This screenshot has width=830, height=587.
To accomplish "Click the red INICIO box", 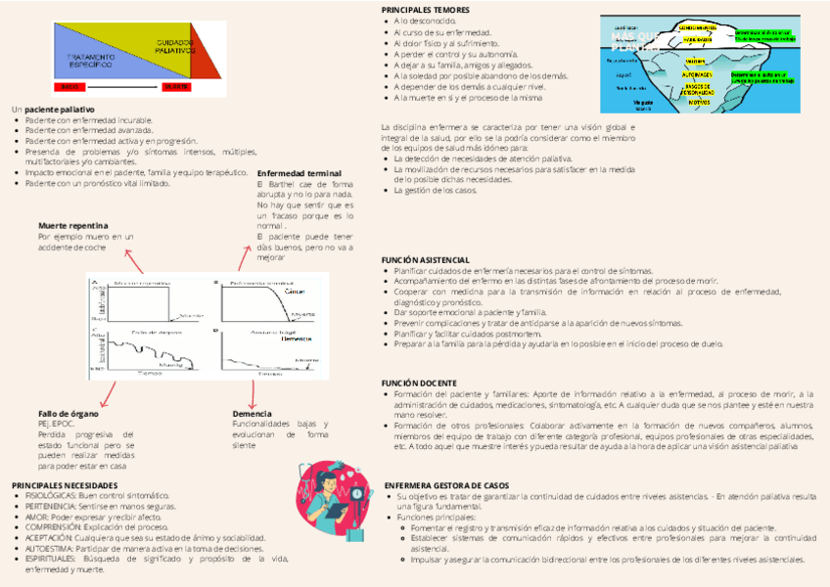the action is click(71, 87).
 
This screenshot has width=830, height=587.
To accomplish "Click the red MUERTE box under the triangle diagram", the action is click(176, 87).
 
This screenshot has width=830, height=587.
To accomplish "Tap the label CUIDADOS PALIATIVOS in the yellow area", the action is click(175, 46).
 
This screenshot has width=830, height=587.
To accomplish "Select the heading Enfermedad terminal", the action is click(293, 173).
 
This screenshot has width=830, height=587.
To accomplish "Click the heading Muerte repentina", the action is click(71, 225).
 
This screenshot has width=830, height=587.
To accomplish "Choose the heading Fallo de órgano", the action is click(68, 413).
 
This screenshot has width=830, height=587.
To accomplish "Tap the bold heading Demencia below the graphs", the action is click(252, 413).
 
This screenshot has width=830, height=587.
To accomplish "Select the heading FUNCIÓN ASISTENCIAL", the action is click(426, 259).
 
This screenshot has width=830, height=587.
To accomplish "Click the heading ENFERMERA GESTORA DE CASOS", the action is click(446, 485).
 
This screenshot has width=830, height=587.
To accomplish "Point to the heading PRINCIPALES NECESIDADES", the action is click(65, 485).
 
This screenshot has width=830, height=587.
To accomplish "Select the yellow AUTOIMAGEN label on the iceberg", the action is click(697, 74).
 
